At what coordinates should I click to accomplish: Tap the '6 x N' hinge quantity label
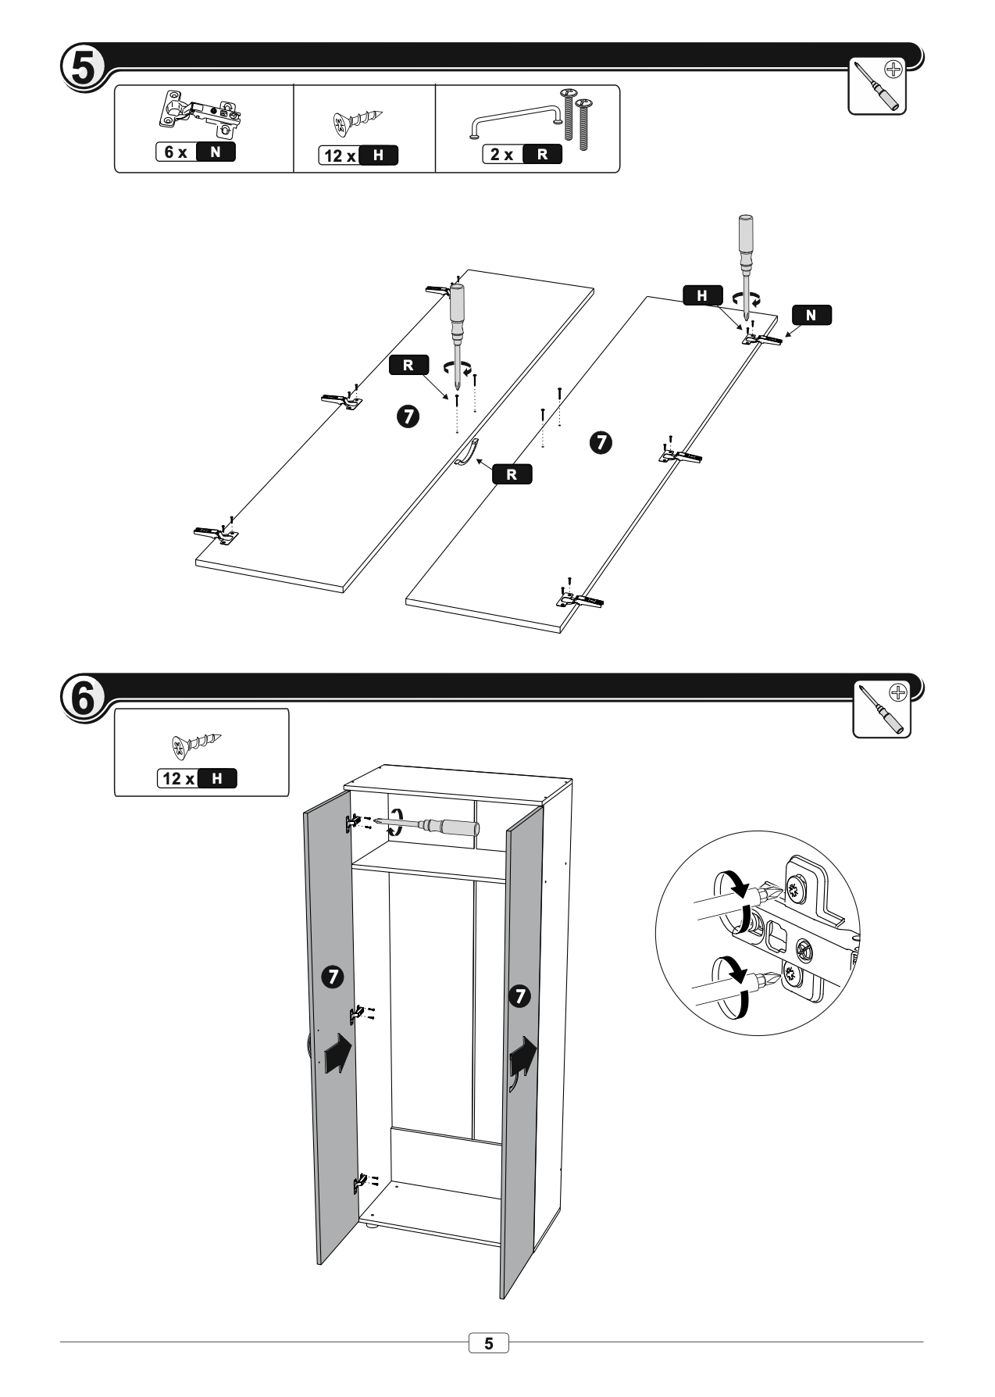[195, 152]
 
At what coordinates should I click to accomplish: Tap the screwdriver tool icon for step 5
[876, 85]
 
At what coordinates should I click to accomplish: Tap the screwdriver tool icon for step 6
[881, 709]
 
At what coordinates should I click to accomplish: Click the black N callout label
[811, 315]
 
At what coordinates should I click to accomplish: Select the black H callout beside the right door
[701, 295]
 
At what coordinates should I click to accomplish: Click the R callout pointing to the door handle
[512, 473]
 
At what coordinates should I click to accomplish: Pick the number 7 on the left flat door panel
[408, 416]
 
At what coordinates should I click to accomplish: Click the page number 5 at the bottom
[488, 1343]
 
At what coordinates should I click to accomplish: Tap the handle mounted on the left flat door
[466, 452]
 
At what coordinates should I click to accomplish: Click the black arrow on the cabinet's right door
[522, 1061]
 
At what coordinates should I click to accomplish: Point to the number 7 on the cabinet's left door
[333, 976]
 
